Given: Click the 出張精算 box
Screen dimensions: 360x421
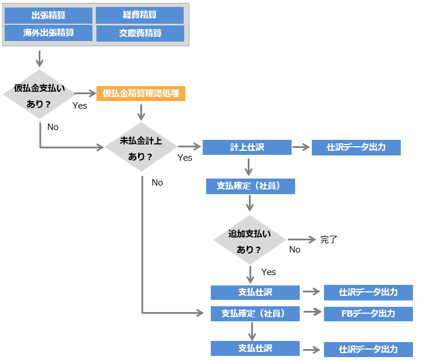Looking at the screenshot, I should [x=49, y=15].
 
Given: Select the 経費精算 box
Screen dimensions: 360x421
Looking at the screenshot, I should [x=140, y=15].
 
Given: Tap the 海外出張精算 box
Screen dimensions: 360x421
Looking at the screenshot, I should [x=49, y=33].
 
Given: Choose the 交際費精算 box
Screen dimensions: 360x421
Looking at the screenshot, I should [x=140, y=33].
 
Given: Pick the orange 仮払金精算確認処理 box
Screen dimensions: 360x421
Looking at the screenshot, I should [x=141, y=93].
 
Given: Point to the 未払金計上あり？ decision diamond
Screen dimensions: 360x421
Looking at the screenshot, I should [x=141, y=147].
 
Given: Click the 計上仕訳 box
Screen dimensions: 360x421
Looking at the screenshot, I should [x=247, y=147].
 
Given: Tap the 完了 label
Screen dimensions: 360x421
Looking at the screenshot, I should [x=329, y=239].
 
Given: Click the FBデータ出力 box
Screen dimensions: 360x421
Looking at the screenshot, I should [x=368, y=313].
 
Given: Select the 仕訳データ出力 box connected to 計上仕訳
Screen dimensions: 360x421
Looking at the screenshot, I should [x=356, y=147].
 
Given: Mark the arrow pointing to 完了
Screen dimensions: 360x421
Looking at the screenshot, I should [x=302, y=239].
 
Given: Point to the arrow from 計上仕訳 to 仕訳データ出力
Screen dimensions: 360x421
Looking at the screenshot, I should [x=301, y=147].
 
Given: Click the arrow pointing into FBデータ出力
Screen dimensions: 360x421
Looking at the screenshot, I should [x=311, y=312].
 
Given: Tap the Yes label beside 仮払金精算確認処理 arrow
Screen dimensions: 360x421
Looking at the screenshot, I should [x=80, y=106].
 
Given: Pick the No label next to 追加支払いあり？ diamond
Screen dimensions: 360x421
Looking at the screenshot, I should [x=295, y=250].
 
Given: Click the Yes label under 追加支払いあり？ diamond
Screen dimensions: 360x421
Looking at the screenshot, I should [x=269, y=272].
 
